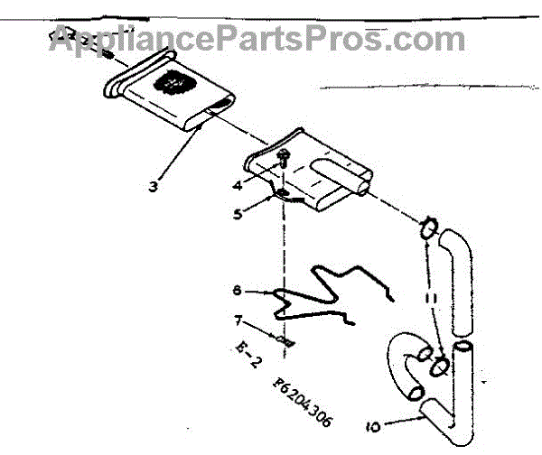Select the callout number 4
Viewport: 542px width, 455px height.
point(237,186)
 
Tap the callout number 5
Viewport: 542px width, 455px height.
point(237,214)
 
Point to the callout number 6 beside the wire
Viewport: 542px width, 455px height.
point(237,291)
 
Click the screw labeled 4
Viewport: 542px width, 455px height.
point(283,163)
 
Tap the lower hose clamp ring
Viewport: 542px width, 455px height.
point(440,365)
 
